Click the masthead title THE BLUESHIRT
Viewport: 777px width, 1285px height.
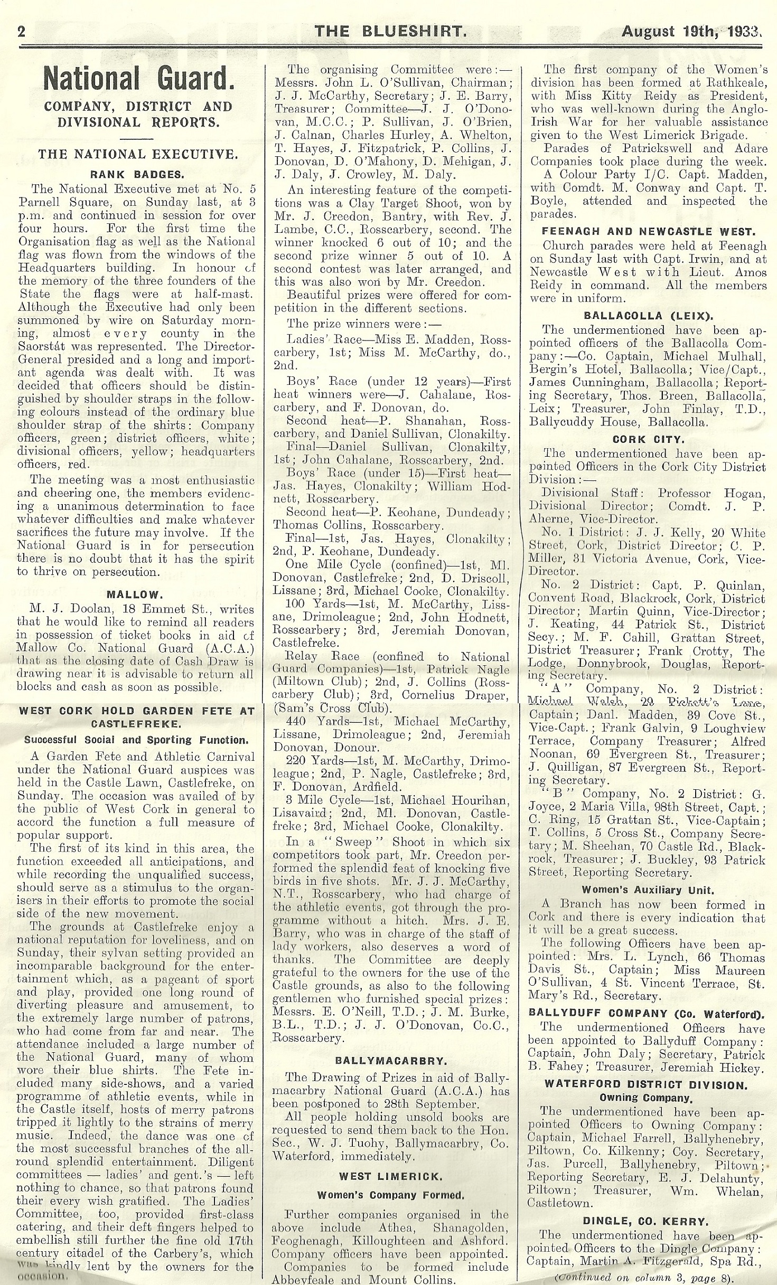point(390,32)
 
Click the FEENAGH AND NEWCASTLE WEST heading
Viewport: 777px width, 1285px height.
point(648,231)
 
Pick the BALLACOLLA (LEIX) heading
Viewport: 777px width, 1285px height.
point(648,316)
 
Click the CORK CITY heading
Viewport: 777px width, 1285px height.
point(648,439)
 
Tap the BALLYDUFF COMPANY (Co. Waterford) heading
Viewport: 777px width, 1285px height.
point(647,1013)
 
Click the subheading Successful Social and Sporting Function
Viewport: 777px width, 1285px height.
point(136,740)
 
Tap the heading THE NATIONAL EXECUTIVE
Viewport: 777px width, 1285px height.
point(136,155)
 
